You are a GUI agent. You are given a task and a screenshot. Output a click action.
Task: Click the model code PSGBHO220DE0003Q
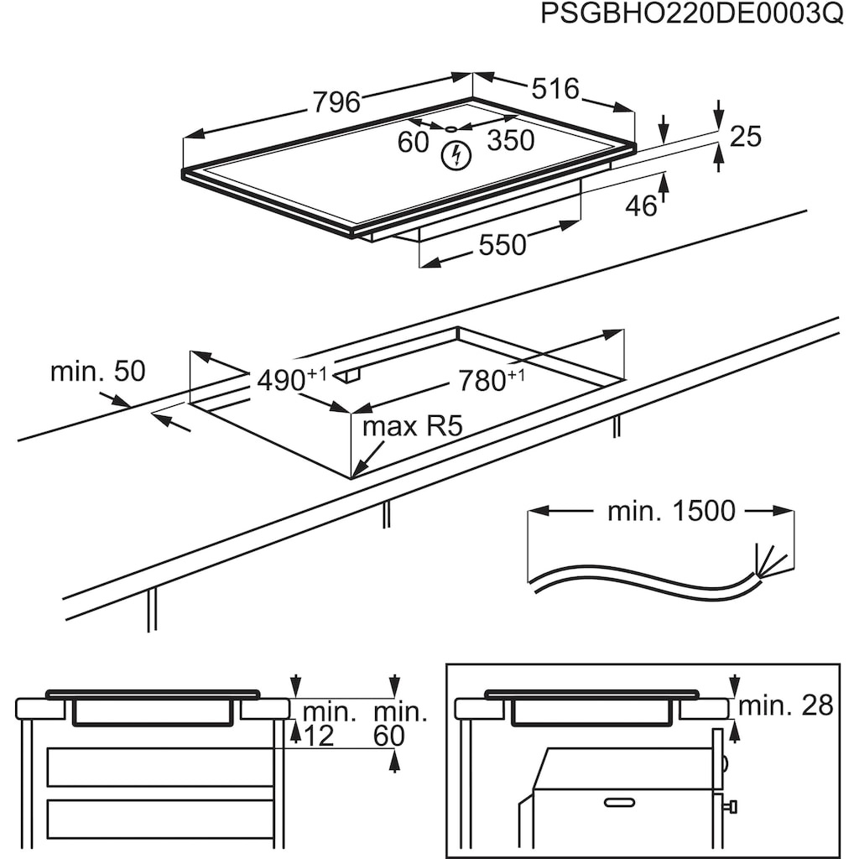[x=692, y=13]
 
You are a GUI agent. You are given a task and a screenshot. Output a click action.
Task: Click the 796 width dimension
[x=336, y=102]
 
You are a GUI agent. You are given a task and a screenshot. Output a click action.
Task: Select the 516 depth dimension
[x=555, y=89]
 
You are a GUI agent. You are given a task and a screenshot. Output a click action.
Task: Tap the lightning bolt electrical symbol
[x=456, y=155]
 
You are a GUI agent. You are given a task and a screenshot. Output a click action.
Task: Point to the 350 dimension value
[x=511, y=140]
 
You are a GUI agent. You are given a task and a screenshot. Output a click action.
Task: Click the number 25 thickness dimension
[x=746, y=136]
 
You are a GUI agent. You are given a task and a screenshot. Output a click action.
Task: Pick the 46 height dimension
[x=641, y=206]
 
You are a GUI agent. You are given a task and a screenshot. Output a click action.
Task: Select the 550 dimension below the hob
[x=502, y=244]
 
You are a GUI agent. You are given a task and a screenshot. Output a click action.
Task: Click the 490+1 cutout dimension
[x=291, y=379]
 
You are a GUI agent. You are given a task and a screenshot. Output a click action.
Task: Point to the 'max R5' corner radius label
[x=413, y=426]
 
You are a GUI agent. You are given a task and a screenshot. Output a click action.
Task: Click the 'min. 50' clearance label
[x=97, y=372]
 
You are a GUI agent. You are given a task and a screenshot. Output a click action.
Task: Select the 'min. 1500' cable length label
[x=671, y=511]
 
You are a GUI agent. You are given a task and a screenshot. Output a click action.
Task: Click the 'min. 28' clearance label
[x=785, y=705]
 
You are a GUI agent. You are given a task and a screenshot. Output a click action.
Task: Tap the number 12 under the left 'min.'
[x=318, y=736]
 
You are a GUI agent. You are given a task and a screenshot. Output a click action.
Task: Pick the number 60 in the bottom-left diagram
[x=389, y=736]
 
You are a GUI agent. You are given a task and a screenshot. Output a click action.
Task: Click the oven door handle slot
[x=619, y=803]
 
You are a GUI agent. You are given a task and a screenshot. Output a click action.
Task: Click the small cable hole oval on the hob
[x=450, y=128]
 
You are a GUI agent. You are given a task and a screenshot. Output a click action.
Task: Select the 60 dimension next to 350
[x=413, y=143]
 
